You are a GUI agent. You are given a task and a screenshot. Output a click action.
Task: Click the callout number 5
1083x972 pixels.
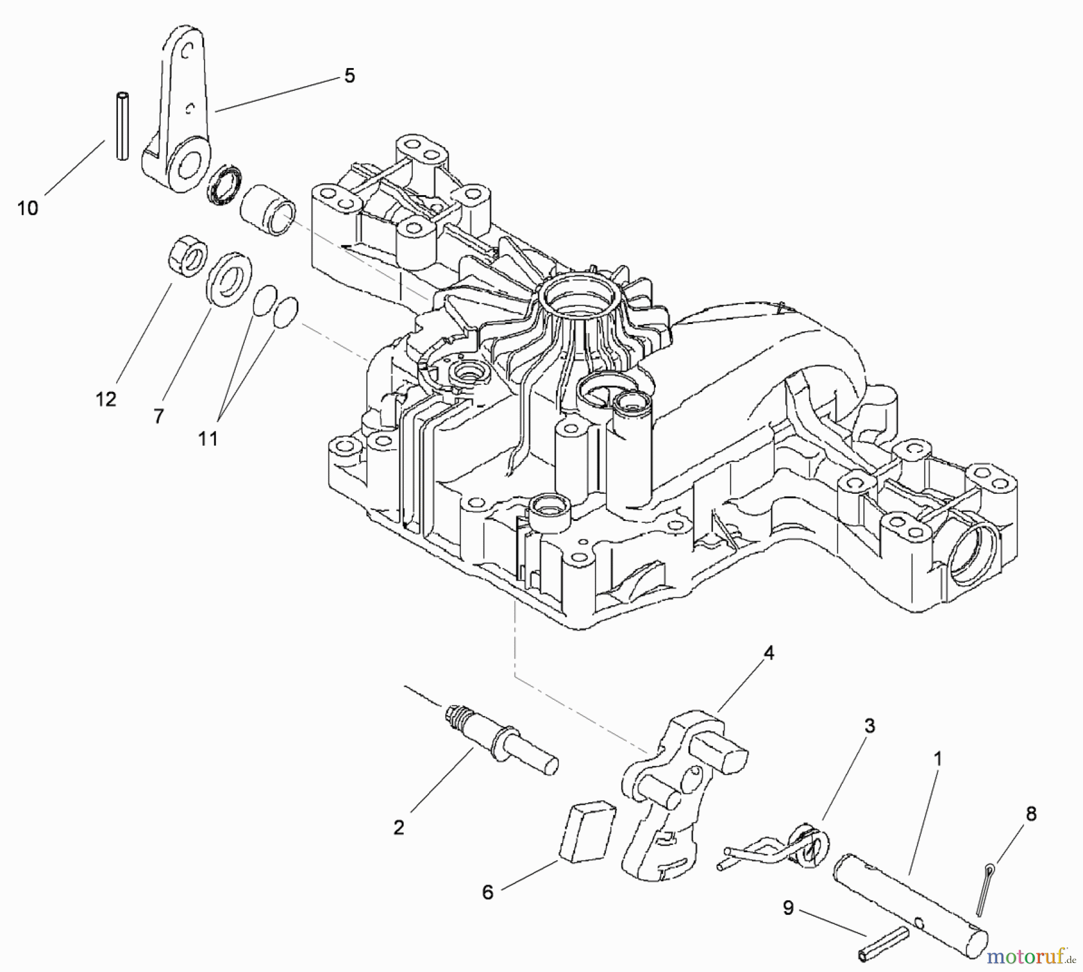[x=350, y=76]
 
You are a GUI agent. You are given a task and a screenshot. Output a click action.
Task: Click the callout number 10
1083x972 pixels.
[x=28, y=208]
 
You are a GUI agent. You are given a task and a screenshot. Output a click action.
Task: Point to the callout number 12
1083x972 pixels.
[x=106, y=399]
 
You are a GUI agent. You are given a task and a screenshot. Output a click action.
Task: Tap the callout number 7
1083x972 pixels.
[x=158, y=416]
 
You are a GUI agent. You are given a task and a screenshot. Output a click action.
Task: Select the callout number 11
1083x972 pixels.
[x=208, y=438]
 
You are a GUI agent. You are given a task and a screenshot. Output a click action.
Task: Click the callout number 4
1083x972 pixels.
[x=768, y=653]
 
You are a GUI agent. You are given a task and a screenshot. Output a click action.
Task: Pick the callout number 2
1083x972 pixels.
[x=399, y=827]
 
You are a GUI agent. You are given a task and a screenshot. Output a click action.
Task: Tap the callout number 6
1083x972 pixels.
[x=487, y=892]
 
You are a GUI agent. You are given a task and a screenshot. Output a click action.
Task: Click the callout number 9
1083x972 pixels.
[x=788, y=908]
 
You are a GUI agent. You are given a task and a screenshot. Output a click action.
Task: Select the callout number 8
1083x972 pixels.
[x=1031, y=814]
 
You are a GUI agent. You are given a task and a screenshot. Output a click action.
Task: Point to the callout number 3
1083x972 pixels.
[x=869, y=726]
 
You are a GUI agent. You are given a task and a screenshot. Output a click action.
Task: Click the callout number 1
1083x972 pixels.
[x=937, y=758]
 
